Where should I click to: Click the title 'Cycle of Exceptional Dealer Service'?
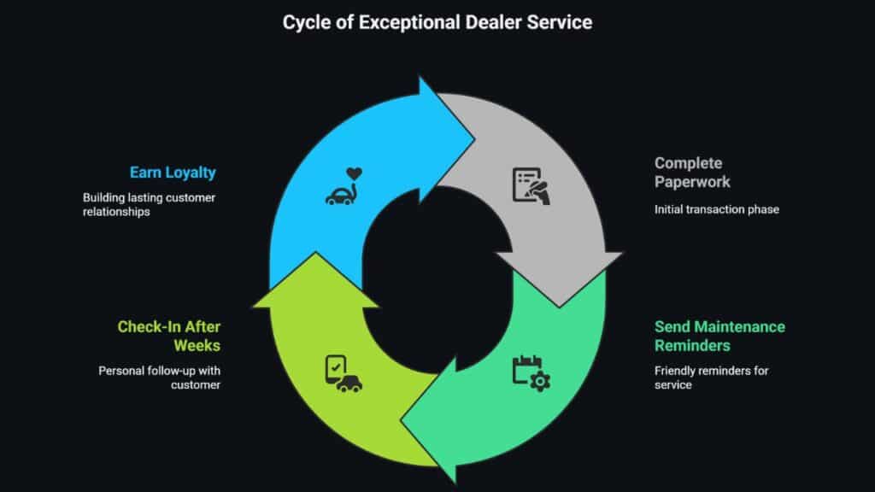[437, 22]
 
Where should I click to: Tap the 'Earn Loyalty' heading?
[173, 173]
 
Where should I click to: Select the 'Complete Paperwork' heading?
[689, 172]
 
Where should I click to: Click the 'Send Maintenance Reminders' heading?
[719, 336]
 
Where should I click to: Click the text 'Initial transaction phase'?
[716, 209]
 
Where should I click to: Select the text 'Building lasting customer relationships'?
[149, 205]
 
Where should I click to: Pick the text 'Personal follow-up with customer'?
[160, 378]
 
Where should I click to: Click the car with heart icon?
[344, 187]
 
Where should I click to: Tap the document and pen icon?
[531, 185]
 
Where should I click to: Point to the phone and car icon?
[342, 373]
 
